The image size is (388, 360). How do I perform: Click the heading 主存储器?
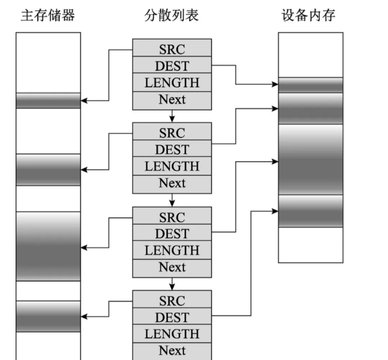pos(48,15)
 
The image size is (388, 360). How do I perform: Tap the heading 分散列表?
pos(171,15)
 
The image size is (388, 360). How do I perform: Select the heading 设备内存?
pos(309,15)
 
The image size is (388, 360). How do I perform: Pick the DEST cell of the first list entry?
pos(172,65)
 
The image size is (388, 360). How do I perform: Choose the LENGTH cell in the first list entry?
pos(172,83)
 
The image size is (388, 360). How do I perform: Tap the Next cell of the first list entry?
pos(172,100)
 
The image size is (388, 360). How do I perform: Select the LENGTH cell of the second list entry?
pos(172,166)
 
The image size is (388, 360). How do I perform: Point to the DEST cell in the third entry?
pos(172,234)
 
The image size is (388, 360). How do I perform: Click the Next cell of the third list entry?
pos(172,267)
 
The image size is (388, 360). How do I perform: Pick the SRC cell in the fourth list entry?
pos(172,300)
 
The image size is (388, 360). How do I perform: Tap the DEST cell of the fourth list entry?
pos(172,317)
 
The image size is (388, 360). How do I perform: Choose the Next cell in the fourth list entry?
pos(172,350)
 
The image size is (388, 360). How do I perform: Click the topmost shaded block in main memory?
pos(48,101)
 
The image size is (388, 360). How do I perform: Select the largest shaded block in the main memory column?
pos(48,246)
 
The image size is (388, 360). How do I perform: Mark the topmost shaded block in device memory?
pos(310,85)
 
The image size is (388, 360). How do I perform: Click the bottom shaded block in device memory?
pos(310,211)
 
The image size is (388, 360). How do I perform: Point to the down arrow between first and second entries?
pos(172,116)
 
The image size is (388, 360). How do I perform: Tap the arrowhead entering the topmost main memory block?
pos(84,101)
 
